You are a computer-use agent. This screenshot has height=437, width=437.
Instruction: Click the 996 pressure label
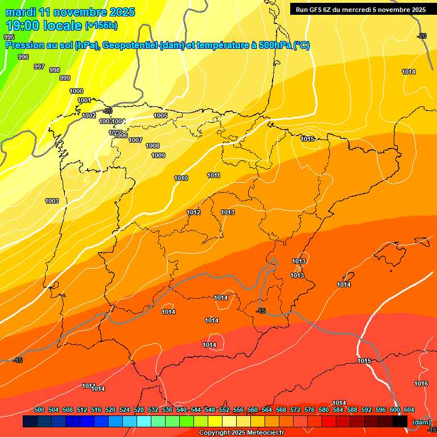tap(23, 57)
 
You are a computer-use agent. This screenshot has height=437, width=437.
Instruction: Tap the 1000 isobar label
tap(76, 91)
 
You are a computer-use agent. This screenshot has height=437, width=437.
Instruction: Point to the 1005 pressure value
tap(160, 116)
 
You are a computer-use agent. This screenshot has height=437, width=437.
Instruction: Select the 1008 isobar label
tap(152, 146)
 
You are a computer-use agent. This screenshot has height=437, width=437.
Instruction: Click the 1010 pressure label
tap(181, 178)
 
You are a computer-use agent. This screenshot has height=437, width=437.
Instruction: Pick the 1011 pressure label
tap(214, 175)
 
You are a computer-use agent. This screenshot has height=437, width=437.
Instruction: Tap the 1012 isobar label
tap(193, 212)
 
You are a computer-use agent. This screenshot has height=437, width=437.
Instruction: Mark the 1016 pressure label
tap(421, 384)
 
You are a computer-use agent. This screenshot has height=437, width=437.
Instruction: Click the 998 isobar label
tap(55, 70)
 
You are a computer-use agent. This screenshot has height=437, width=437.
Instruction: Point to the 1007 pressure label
tap(135, 140)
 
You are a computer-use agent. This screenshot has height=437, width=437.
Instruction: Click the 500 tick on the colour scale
tap(39, 410)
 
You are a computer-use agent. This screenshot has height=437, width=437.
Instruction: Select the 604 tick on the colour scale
tap(409, 410)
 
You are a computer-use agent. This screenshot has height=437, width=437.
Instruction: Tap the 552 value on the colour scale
tap(224, 410)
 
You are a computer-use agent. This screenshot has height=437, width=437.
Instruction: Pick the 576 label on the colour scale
tap(310, 410)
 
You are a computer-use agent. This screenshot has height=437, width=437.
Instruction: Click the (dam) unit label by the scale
tap(421, 422)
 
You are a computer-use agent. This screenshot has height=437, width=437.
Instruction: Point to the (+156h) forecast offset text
tap(101, 25)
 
